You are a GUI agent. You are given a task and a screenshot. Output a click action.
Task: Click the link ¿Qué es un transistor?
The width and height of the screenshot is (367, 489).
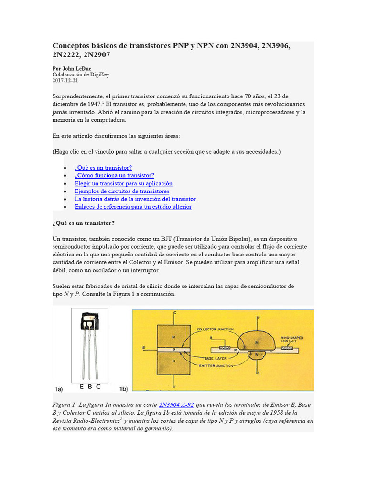[x=103, y=168]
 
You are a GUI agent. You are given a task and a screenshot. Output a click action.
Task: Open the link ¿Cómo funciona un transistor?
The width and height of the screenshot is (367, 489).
[x=114, y=176]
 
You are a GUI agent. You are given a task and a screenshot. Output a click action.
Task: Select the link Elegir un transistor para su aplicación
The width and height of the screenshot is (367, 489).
[x=123, y=183]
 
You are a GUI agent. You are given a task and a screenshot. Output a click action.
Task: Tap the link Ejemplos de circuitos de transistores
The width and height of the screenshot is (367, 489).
[x=122, y=191]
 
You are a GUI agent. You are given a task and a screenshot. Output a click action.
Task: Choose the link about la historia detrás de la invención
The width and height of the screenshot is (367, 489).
[x=135, y=199]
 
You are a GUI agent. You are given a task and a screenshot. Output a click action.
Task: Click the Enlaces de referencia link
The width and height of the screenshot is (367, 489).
[x=133, y=207]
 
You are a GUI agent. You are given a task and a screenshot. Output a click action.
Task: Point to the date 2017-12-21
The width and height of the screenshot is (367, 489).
[x=65, y=81]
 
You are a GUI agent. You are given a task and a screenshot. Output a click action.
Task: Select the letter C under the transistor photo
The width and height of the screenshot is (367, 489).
[x=98, y=386]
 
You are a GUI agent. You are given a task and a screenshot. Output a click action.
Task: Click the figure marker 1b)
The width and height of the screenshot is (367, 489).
[x=123, y=388]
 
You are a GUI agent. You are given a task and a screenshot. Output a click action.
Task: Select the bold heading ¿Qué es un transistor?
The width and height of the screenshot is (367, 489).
[x=84, y=223]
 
